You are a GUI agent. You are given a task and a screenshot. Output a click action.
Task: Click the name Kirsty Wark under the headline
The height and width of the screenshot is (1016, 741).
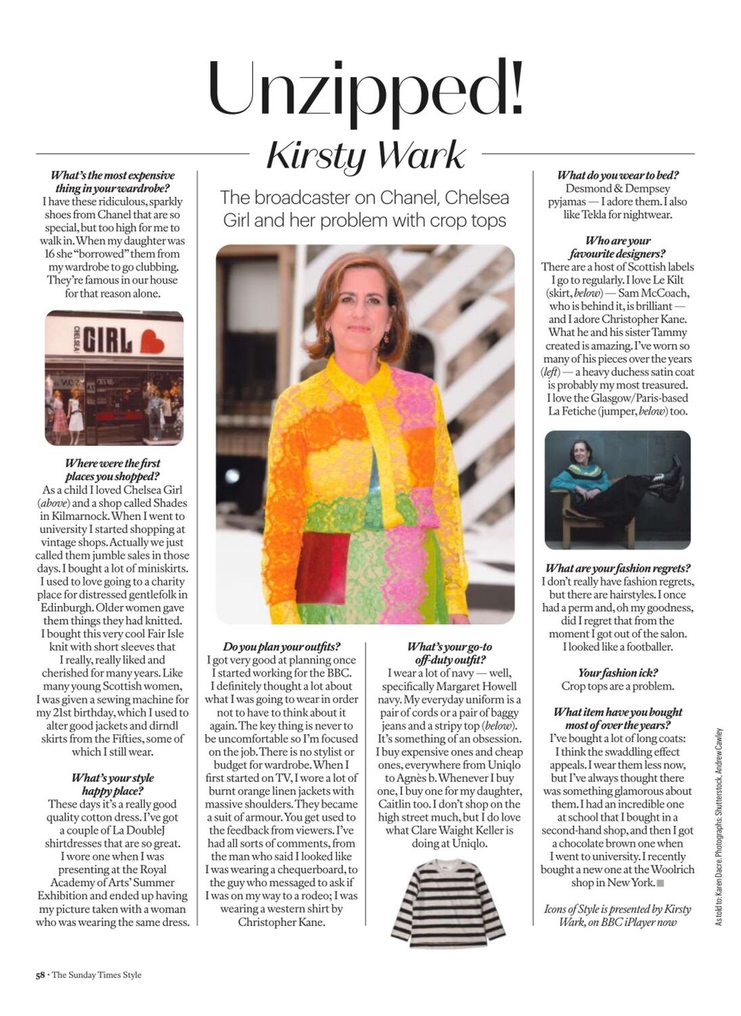365,156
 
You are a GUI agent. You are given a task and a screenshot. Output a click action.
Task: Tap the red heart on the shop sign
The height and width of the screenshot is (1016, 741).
152,340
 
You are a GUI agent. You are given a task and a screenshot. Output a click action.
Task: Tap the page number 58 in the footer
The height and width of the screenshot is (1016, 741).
40,975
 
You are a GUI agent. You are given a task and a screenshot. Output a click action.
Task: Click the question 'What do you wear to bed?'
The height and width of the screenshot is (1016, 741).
618,175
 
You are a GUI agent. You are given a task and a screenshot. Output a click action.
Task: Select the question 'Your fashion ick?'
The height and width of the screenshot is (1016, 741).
618,673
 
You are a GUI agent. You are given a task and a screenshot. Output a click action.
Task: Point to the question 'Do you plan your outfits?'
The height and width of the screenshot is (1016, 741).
282,647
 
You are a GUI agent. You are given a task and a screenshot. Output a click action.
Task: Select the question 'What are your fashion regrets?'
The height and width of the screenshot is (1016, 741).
618,568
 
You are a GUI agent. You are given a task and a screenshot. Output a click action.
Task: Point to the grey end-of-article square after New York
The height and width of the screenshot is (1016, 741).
660,883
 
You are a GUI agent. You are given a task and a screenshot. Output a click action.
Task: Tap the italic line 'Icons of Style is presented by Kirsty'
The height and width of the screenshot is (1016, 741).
618,909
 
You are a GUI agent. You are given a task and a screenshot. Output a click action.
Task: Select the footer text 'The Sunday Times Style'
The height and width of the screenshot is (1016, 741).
97,975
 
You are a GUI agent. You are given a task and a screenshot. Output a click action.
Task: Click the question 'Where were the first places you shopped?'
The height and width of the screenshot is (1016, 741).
112,469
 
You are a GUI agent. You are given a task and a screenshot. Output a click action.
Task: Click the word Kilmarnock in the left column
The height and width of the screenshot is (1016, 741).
77,516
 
